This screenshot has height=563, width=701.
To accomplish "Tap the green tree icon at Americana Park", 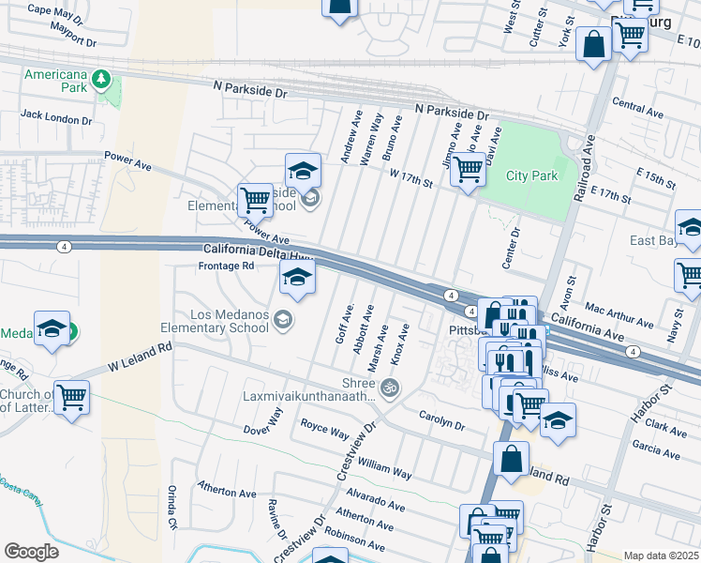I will pyautogui.click(x=100, y=84).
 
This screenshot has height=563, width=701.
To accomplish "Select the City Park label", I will pyautogui.click(x=531, y=175).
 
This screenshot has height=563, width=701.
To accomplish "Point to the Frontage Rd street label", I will pyautogui.click(x=227, y=266).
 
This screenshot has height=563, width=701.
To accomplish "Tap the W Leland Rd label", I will pyautogui.click(x=141, y=354).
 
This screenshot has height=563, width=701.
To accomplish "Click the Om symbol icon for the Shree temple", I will pyautogui.click(x=389, y=387).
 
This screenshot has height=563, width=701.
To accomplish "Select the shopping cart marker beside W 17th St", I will pyautogui.click(x=467, y=170).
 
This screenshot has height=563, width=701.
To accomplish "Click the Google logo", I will pyautogui.click(x=31, y=551).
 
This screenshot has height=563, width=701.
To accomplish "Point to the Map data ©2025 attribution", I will pyautogui.click(x=662, y=555).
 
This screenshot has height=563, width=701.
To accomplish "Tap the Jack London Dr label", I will pyautogui.click(x=56, y=118).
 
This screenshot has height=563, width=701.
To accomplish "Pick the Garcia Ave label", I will pyautogui.click(x=656, y=449).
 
